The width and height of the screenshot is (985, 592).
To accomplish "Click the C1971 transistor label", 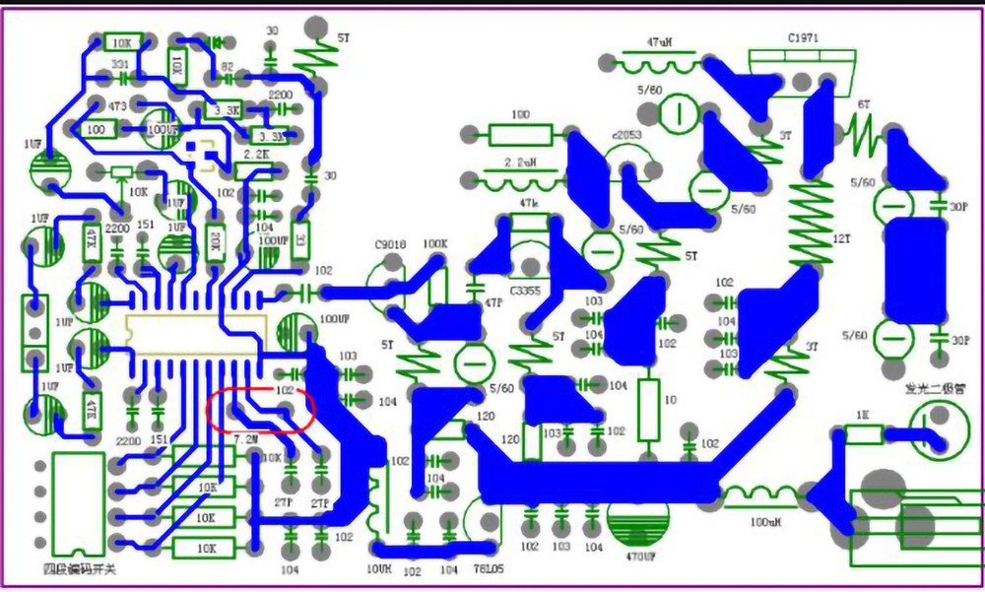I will tap(803, 37).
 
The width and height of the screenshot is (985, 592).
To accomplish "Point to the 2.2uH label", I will tap(519, 161).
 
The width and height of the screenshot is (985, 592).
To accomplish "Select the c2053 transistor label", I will tap(626, 134).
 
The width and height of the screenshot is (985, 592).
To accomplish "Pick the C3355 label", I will tap(528, 292).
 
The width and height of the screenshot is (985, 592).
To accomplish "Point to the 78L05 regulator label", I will tap(485, 570).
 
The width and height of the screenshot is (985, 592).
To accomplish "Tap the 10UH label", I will tap(379, 570).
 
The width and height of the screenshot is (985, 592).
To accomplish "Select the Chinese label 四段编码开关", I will tap(80, 569).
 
